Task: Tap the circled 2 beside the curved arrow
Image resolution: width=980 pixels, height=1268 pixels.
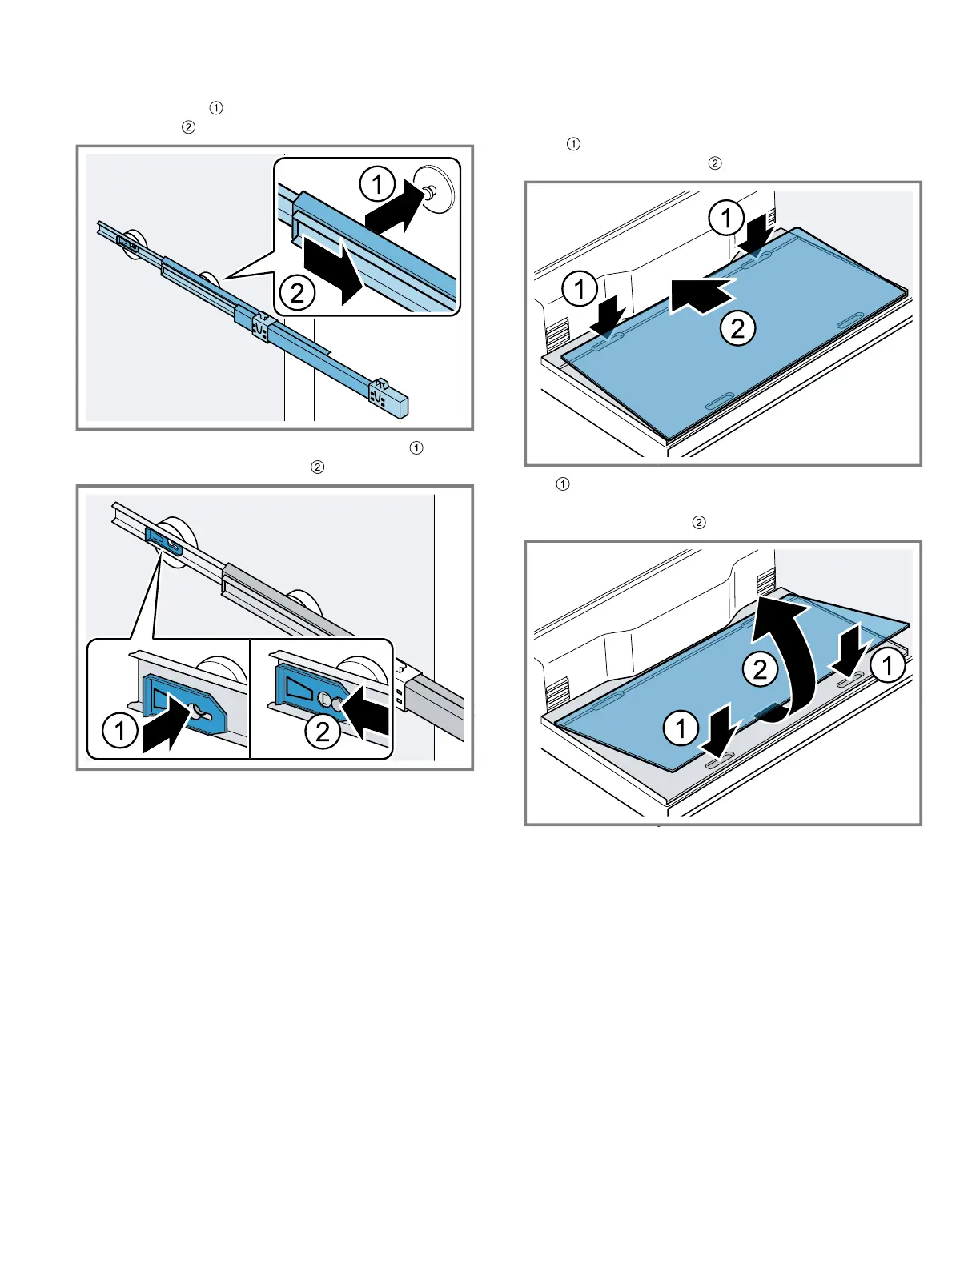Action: point(759,669)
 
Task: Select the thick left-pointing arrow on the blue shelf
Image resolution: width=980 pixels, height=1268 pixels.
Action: point(701,295)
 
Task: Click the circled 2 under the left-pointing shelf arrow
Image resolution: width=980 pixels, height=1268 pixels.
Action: point(737,328)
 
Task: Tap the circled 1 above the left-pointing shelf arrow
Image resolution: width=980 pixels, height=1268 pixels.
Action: point(726,219)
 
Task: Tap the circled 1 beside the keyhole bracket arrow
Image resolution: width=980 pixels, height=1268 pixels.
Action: point(119,731)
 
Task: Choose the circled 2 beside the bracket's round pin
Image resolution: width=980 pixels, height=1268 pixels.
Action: point(322,732)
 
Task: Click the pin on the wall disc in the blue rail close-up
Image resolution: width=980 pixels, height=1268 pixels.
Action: point(431,191)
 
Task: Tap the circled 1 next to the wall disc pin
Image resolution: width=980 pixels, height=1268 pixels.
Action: point(377,184)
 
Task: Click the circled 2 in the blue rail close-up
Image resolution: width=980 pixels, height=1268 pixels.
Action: point(298,293)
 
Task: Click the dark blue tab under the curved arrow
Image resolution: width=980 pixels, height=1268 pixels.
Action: point(769,712)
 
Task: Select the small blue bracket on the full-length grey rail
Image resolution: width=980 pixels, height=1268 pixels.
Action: point(164,540)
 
